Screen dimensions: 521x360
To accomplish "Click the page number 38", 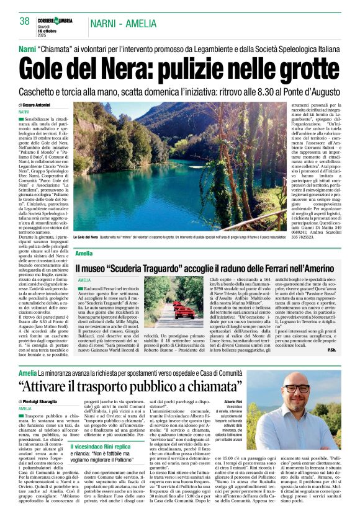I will [x=24, y=21].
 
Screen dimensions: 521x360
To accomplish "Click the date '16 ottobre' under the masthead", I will [x=47, y=30].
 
